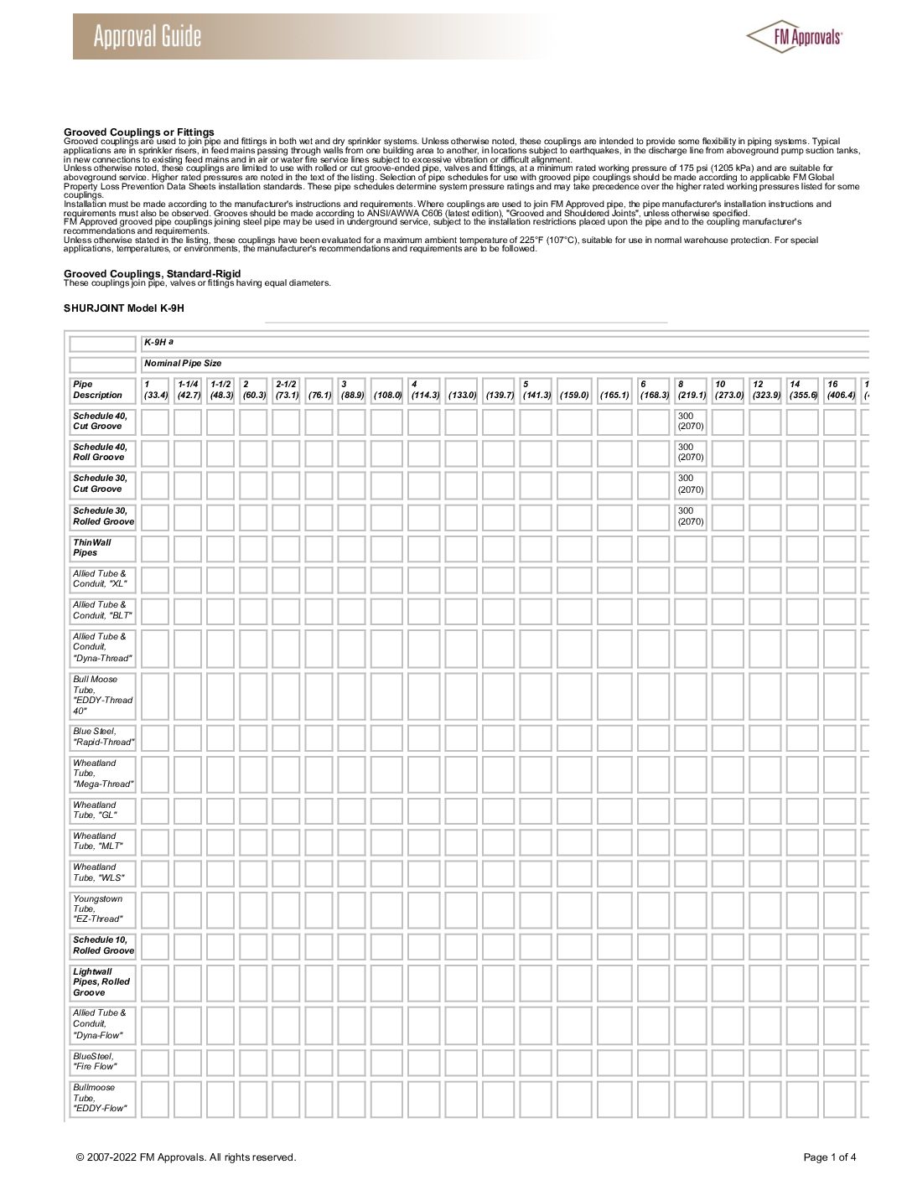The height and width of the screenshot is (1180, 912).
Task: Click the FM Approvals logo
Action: pos(795,35)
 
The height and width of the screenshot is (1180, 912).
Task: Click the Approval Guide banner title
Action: pos(148,37)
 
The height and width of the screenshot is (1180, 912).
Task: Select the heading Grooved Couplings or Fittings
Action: pos(139,132)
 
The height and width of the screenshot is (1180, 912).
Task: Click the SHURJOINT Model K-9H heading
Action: pos(124,308)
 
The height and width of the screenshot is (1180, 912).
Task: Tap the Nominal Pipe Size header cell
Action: pos(183,364)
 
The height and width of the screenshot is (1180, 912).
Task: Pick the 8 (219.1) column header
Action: pos(692,390)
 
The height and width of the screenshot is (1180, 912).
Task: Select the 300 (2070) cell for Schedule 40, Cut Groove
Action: pos(691,421)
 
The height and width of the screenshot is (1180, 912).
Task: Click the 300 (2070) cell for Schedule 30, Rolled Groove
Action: pos(691,516)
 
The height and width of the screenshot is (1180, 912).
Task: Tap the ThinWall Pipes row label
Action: pos(92,547)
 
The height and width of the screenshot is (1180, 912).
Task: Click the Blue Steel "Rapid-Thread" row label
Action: pos(103,737)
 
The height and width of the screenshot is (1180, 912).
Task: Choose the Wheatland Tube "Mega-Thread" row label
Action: pos(103,774)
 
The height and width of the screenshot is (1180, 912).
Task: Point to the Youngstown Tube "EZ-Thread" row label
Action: pos(99,908)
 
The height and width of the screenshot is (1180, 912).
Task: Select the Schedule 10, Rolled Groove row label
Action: pos(103,945)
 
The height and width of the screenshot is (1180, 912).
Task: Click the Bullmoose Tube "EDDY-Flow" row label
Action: pos(100,1098)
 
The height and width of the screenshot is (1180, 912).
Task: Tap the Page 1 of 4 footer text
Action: pos(830,1158)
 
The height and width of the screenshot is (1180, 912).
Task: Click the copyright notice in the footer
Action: pos(185,1158)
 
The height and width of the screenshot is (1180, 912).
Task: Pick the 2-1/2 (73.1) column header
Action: pos(287,390)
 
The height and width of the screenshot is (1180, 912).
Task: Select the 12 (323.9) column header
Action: pos(764,390)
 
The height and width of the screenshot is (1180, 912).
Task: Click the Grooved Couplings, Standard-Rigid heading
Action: pos(153,274)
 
